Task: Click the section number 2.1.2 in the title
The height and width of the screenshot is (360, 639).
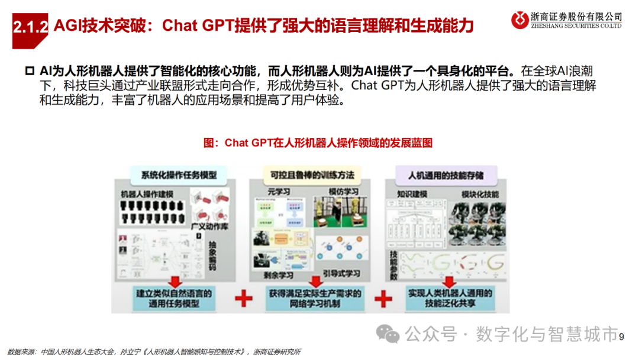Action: pos(30,26)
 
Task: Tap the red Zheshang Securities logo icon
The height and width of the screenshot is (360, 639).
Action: pos(521,20)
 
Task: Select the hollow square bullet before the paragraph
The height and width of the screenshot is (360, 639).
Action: pos(30,70)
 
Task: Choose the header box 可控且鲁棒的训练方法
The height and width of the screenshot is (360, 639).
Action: pos(312,175)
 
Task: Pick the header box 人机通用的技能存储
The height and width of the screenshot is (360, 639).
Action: pos(447,175)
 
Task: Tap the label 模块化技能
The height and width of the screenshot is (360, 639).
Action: pos(479,194)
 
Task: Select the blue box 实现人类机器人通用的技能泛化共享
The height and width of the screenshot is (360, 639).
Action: pos(450,298)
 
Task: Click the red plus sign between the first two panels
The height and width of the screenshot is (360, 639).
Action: pos(243,298)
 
